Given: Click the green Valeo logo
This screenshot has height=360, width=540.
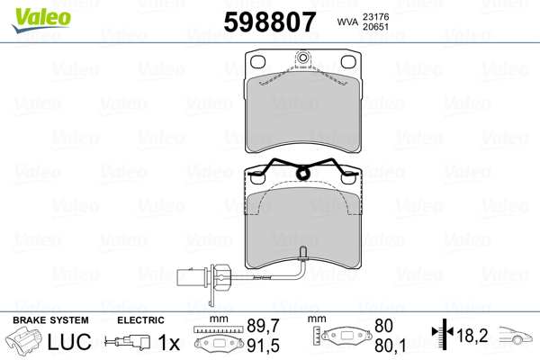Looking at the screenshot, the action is tap(41, 20).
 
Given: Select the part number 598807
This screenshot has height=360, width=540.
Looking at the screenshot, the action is tap(270, 22).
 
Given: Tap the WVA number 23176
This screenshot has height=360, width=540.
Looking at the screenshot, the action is tap(375, 16).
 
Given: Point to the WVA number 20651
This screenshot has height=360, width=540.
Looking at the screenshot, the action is tap(375, 26).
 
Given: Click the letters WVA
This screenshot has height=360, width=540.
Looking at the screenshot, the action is tap(347, 22).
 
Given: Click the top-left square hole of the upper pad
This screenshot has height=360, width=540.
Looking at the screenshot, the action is tap(257, 62).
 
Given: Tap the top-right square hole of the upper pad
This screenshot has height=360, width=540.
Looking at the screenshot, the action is tap(347, 62).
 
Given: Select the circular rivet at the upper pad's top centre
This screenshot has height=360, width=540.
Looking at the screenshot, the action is tap(302, 58).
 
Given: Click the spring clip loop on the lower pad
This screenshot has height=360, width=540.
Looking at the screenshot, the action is tap(302, 174).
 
